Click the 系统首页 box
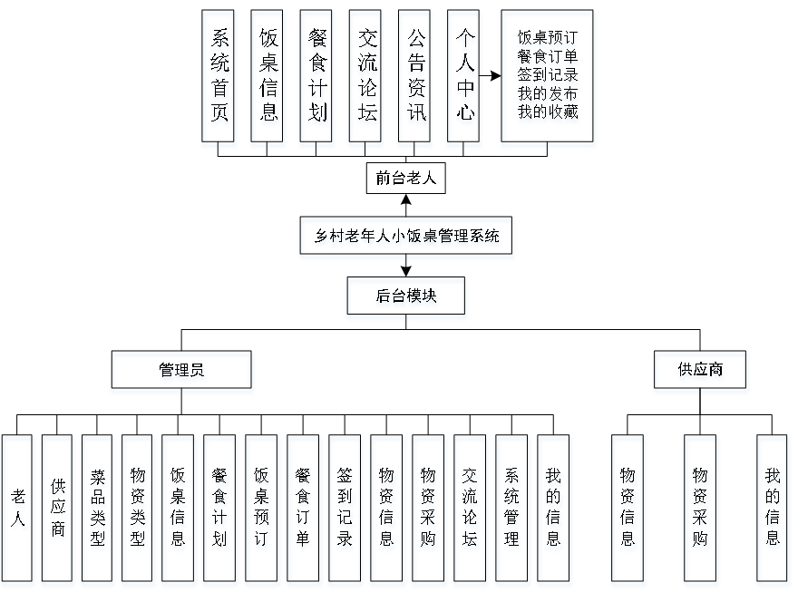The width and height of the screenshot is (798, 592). (219, 79)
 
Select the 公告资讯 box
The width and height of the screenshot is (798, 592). (415, 79)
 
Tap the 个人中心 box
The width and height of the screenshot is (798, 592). (464, 79)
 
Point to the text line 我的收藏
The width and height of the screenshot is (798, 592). (549, 112)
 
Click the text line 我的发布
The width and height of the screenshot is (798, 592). (549, 94)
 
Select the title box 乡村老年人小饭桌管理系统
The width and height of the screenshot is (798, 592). (407, 238)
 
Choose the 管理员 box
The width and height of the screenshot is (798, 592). (181, 373)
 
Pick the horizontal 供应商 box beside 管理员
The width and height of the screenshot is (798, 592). (701, 373)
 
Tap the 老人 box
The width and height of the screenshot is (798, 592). (19, 511)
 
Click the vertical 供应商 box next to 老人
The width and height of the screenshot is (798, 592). (58, 511)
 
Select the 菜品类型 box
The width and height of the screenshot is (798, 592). (98, 511)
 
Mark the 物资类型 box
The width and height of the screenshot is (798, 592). (138, 511)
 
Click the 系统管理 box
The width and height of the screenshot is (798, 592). (513, 511)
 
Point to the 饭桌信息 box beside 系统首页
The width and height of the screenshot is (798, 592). (268, 79)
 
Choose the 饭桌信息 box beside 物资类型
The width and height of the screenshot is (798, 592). (179, 511)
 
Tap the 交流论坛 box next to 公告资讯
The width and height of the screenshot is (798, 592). (366, 79)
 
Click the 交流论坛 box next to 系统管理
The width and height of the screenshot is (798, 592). (472, 511)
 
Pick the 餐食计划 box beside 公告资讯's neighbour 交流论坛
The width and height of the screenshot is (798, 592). (317, 79)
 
